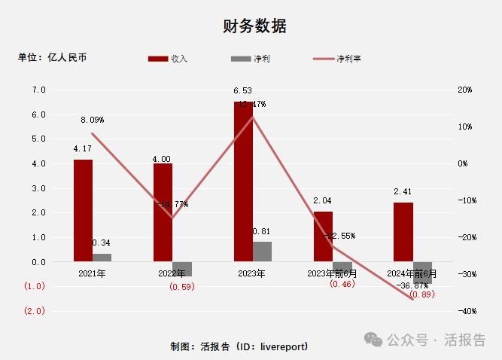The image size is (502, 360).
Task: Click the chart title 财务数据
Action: [x=254, y=26]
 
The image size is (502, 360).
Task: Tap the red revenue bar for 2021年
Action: [x=83, y=210]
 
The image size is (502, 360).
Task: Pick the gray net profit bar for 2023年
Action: [x=262, y=252]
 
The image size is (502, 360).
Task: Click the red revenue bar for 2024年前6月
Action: [x=403, y=232]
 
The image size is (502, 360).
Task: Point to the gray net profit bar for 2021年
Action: [x=102, y=258]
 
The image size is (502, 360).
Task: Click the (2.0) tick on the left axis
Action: [x=35, y=310]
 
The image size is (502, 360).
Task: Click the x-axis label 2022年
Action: [x=172, y=273]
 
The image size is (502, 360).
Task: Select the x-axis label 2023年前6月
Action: [x=333, y=273]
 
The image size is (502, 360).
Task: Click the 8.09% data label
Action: [x=93, y=120]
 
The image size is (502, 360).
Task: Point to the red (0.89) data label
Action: [x=422, y=294]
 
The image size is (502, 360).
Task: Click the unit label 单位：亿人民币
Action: [x=52, y=57]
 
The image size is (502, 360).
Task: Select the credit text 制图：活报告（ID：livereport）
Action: [x=239, y=346]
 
